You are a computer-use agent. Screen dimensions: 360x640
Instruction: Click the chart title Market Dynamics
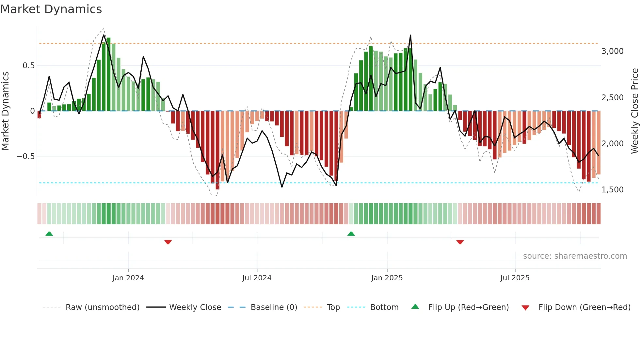coord(51,9)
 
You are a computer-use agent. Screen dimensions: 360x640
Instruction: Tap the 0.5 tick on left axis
coord(28,66)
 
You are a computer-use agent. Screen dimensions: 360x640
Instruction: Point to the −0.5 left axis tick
coord(25,156)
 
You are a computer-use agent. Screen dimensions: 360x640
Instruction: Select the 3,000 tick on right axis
coord(612,51)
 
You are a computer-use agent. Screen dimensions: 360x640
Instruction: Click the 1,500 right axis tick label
coord(612,190)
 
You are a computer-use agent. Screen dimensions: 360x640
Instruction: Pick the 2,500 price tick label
coord(612,98)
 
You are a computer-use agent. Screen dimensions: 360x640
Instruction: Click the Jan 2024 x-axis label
coord(128,278)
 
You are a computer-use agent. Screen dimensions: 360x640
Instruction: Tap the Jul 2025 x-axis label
coord(515,278)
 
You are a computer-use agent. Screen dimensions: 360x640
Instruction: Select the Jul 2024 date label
coord(257,278)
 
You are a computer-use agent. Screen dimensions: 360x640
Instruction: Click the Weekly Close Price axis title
coord(634,111)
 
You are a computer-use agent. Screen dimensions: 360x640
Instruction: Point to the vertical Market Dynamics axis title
coord(5,111)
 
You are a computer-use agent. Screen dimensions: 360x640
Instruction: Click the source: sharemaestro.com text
coord(575,256)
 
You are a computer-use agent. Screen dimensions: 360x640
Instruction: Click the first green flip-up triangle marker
coord(49,234)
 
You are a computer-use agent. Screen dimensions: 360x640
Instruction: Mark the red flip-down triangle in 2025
coord(460,242)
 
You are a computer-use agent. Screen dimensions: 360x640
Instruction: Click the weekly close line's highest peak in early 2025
coord(410,35)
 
